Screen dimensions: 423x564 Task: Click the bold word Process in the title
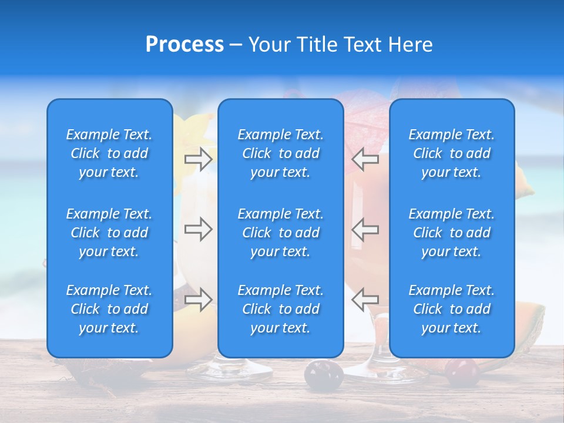pyautogui.click(x=184, y=45)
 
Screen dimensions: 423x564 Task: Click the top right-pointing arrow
pyautogui.click(x=198, y=159)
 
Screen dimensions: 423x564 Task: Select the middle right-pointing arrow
pyautogui.click(x=198, y=229)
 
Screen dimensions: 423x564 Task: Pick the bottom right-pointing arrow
pyautogui.click(x=198, y=300)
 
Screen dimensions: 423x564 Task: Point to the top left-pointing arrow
pyautogui.click(x=365, y=159)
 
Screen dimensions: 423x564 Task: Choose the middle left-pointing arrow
pyautogui.click(x=365, y=229)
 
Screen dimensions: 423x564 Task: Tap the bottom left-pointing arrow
pyautogui.click(x=365, y=300)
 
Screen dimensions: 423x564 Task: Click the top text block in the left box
pyautogui.click(x=109, y=153)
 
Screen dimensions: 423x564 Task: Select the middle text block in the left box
pyautogui.click(x=109, y=233)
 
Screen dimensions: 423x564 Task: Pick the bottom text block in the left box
pyautogui.click(x=109, y=309)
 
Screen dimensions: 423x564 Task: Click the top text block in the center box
pyautogui.click(x=280, y=153)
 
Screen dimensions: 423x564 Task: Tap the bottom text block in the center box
pyautogui.click(x=280, y=309)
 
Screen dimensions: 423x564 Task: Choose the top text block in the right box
pyautogui.click(x=451, y=153)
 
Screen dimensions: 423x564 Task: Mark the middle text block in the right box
pyautogui.click(x=451, y=233)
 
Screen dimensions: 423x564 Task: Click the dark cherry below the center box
pyautogui.click(x=323, y=374)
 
